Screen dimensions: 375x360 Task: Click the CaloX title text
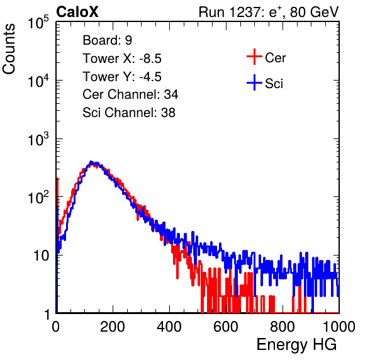[x=77, y=12]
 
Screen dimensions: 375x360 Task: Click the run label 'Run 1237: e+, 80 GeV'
[x=269, y=12]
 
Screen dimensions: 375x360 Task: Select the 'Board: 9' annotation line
[x=107, y=40]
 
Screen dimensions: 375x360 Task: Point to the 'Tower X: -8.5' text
[x=122, y=59]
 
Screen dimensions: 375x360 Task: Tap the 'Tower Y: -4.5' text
[x=122, y=77]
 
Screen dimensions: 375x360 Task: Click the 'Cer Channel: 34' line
[x=130, y=94]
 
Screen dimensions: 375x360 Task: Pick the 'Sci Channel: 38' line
[x=129, y=113]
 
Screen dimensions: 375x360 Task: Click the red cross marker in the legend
[x=254, y=57]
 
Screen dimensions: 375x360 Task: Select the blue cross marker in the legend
[x=254, y=82]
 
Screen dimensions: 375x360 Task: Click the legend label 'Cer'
[x=275, y=58]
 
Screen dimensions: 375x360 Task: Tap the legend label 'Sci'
[x=274, y=84]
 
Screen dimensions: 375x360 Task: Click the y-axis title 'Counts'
[x=9, y=49]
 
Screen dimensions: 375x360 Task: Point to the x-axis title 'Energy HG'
[x=296, y=345]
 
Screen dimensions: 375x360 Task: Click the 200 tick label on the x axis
[x=113, y=326]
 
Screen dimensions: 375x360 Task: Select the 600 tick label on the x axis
[x=226, y=326]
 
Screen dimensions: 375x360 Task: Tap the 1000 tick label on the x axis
[x=339, y=326]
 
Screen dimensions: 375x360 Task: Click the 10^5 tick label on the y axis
[x=38, y=22]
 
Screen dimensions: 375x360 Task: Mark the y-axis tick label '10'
[x=42, y=256]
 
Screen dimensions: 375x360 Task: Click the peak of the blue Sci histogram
[x=91, y=162]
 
